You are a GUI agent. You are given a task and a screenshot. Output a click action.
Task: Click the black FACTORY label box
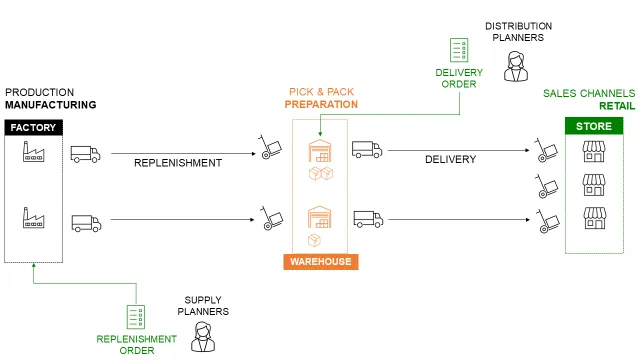pos(34,127)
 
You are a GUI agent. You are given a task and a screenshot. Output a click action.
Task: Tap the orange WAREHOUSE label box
pos(320,261)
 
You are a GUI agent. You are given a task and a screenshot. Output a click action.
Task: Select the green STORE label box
pos(594,127)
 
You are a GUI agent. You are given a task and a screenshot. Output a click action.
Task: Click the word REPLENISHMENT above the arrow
pos(177,162)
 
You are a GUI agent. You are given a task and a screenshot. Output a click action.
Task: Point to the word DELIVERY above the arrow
pos(450,159)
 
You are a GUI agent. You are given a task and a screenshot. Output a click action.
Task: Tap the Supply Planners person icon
pos(205,337)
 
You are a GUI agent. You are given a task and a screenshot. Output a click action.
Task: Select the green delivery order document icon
pos(459,50)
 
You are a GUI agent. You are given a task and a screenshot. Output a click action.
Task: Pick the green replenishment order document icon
pos(136,317)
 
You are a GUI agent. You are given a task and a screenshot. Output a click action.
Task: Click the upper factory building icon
pos(34,153)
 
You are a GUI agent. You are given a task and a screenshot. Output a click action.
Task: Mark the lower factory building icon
pos(34,218)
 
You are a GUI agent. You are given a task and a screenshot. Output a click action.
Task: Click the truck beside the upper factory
pos(86,154)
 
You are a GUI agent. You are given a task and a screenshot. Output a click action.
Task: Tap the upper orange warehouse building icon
pos(319,151)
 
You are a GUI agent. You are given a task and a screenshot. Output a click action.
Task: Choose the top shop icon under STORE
pos(594,151)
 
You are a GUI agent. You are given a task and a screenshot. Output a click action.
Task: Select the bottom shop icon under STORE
pos(594,217)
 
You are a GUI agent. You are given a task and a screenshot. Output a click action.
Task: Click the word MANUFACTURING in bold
pos(50,104)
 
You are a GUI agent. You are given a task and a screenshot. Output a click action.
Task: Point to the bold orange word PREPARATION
pos(321,103)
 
